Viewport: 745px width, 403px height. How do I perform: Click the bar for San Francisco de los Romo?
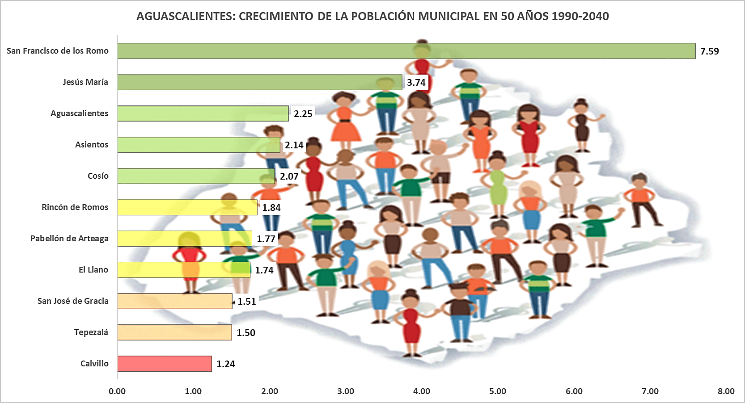point(406,51)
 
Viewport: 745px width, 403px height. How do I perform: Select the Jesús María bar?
point(259,82)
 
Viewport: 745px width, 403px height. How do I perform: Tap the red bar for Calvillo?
point(164,364)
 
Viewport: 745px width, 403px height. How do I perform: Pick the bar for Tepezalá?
point(174,332)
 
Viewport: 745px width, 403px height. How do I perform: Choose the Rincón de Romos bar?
point(187,207)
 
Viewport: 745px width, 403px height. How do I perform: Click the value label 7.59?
point(709,51)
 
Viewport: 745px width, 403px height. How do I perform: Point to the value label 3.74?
point(416,83)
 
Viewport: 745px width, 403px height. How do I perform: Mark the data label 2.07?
point(289,176)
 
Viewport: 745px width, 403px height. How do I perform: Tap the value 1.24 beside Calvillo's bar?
point(225,364)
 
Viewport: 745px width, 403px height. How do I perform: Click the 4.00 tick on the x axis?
point(421,391)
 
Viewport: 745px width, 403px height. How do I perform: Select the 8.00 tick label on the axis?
point(726,391)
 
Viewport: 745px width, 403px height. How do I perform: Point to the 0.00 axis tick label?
point(117,391)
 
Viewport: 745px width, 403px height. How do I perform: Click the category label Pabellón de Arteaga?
point(69,239)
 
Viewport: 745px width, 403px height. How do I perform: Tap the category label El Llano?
point(93,270)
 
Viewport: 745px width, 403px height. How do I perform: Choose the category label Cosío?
point(98,176)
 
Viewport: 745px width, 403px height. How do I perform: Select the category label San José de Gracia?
point(73,301)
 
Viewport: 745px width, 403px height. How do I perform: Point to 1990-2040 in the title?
point(580,17)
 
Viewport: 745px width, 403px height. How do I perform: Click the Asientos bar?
point(199,145)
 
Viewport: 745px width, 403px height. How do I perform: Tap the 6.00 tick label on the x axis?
point(574,391)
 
